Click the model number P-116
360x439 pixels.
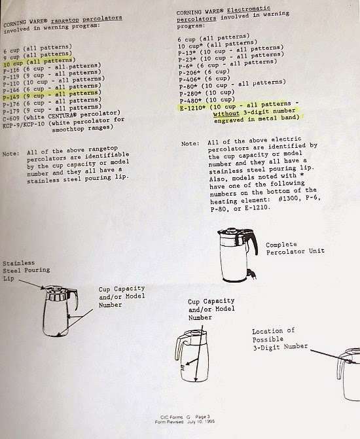[x=12, y=70]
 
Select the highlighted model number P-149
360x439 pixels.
[x=11, y=97]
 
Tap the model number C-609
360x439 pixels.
[x=11, y=118]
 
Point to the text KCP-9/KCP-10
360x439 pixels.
[x=24, y=124]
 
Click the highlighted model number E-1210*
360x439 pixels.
[x=192, y=108]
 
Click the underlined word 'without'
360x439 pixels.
[x=226, y=114]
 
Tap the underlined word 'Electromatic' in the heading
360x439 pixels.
[x=249, y=10]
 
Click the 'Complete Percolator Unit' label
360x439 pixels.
[x=295, y=249]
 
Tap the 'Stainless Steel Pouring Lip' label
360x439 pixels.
[x=26, y=270]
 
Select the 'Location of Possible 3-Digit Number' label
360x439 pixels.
[x=280, y=339]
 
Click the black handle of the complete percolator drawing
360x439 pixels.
[x=253, y=241]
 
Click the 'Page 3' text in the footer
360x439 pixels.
[x=202, y=417]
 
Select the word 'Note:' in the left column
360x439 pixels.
[x=11, y=154]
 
